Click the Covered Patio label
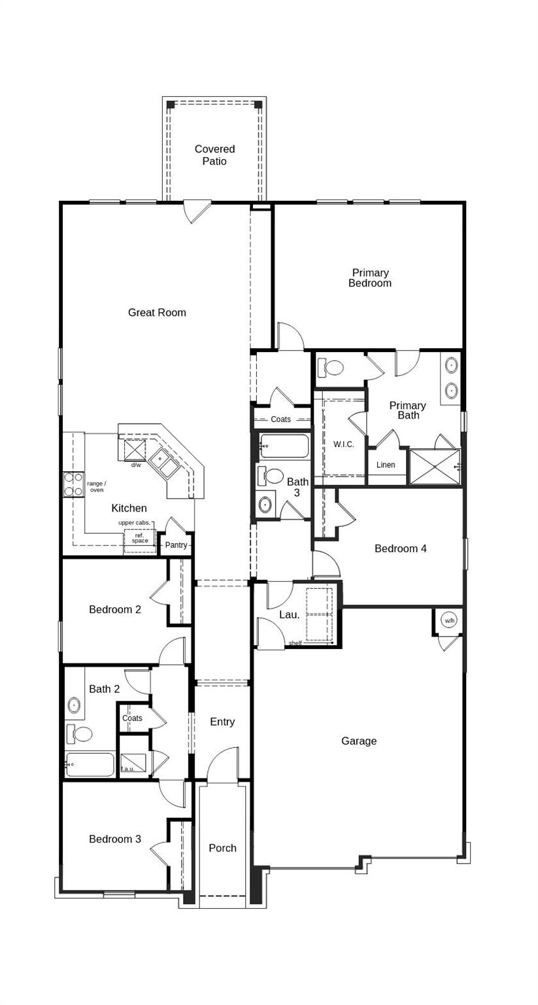pos(214,155)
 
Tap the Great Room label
pos(157,313)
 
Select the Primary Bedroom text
pos(370,278)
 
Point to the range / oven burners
pos(73,484)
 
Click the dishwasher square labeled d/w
pos(135,451)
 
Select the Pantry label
pos(176,545)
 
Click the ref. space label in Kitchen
pos(140,538)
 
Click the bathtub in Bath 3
pos(284,446)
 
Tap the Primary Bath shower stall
pos(435,467)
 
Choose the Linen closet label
pos(386,465)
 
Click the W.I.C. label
pos(344,444)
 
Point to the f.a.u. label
pos(128,769)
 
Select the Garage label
pos(359,741)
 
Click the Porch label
pos(222,848)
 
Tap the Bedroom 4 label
pos(401,549)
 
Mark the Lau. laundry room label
pos(290,615)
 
